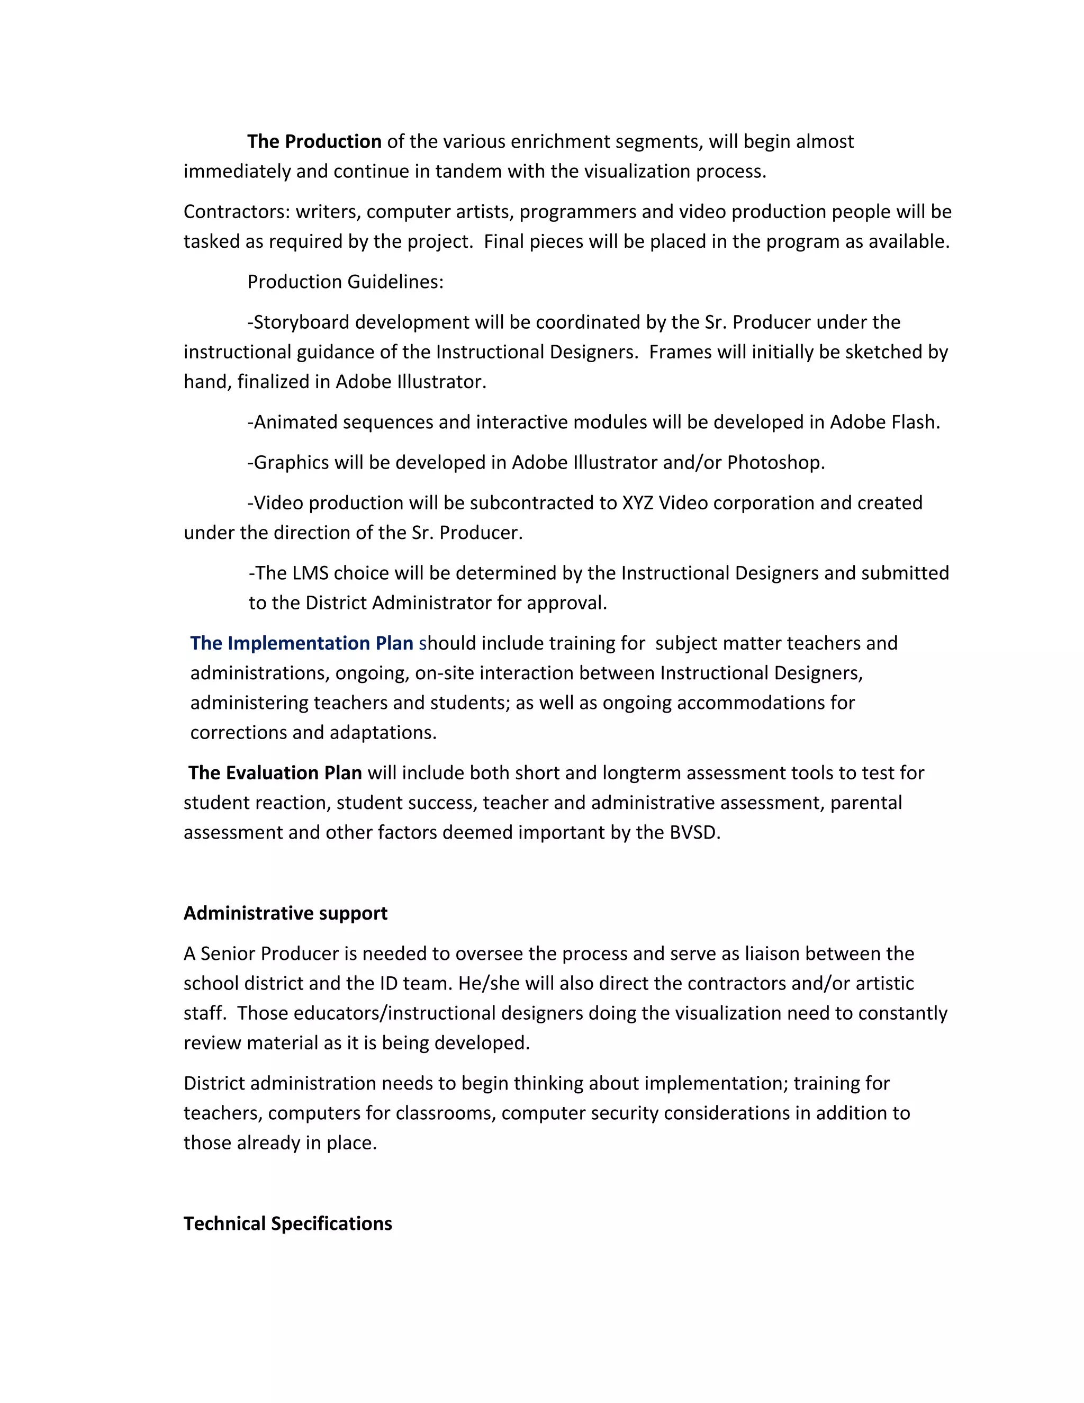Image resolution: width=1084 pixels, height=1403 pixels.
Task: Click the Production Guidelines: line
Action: pyautogui.click(x=346, y=281)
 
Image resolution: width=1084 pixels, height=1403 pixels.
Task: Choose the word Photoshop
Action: pyautogui.click(x=775, y=463)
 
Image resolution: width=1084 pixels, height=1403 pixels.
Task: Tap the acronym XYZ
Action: pyautogui.click(x=638, y=502)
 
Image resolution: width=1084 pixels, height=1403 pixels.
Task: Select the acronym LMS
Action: pyautogui.click(x=310, y=573)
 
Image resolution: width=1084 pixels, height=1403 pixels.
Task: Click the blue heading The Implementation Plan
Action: pyautogui.click(x=301, y=643)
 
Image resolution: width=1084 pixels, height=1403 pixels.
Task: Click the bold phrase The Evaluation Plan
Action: pyautogui.click(x=275, y=773)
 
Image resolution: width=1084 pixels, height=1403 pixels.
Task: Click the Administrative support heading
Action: pyautogui.click(x=285, y=913)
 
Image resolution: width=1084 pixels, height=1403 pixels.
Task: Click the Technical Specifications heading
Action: pyautogui.click(x=288, y=1224)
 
